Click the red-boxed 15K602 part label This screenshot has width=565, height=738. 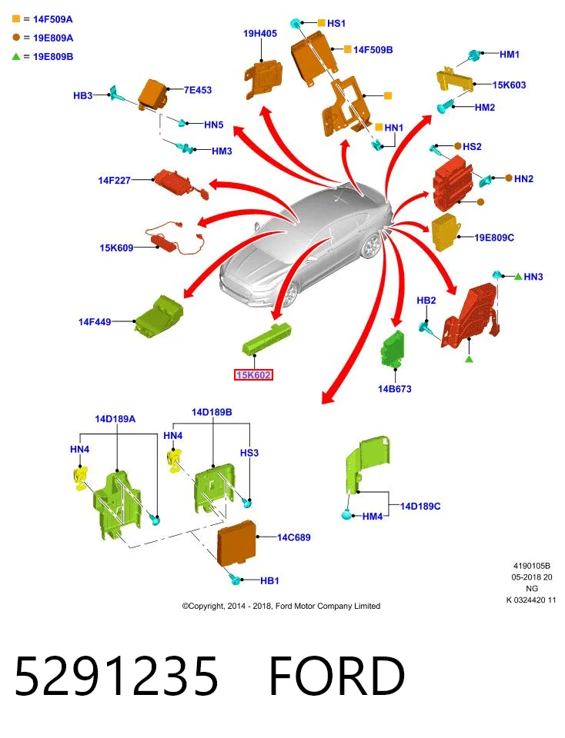click(x=253, y=375)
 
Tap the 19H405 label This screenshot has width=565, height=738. click(x=259, y=33)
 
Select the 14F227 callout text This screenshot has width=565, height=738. click(x=114, y=180)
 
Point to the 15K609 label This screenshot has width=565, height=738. click(x=116, y=248)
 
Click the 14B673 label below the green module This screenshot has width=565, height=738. click(x=394, y=389)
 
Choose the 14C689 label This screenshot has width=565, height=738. click(x=293, y=537)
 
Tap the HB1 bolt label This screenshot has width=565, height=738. click(x=269, y=581)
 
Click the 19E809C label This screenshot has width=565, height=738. click(x=494, y=238)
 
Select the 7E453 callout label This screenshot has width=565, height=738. click(x=198, y=90)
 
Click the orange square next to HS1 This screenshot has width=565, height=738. click(x=322, y=22)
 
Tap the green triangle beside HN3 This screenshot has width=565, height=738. click(x=518, y=276)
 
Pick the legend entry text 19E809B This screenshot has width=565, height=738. click(x=53, y=56)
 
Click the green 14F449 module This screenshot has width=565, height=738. click(x=159, y=316)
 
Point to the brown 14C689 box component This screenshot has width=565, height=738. click(x=236, y=544)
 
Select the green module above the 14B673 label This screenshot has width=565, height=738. click(x=393, y=349)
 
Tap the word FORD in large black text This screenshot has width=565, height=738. click(x=337, y=676)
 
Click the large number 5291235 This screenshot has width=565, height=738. click(x=116, y=676)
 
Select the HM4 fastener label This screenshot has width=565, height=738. click(x=373, y=517)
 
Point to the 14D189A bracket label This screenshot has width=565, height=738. click(x=115, y=419)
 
